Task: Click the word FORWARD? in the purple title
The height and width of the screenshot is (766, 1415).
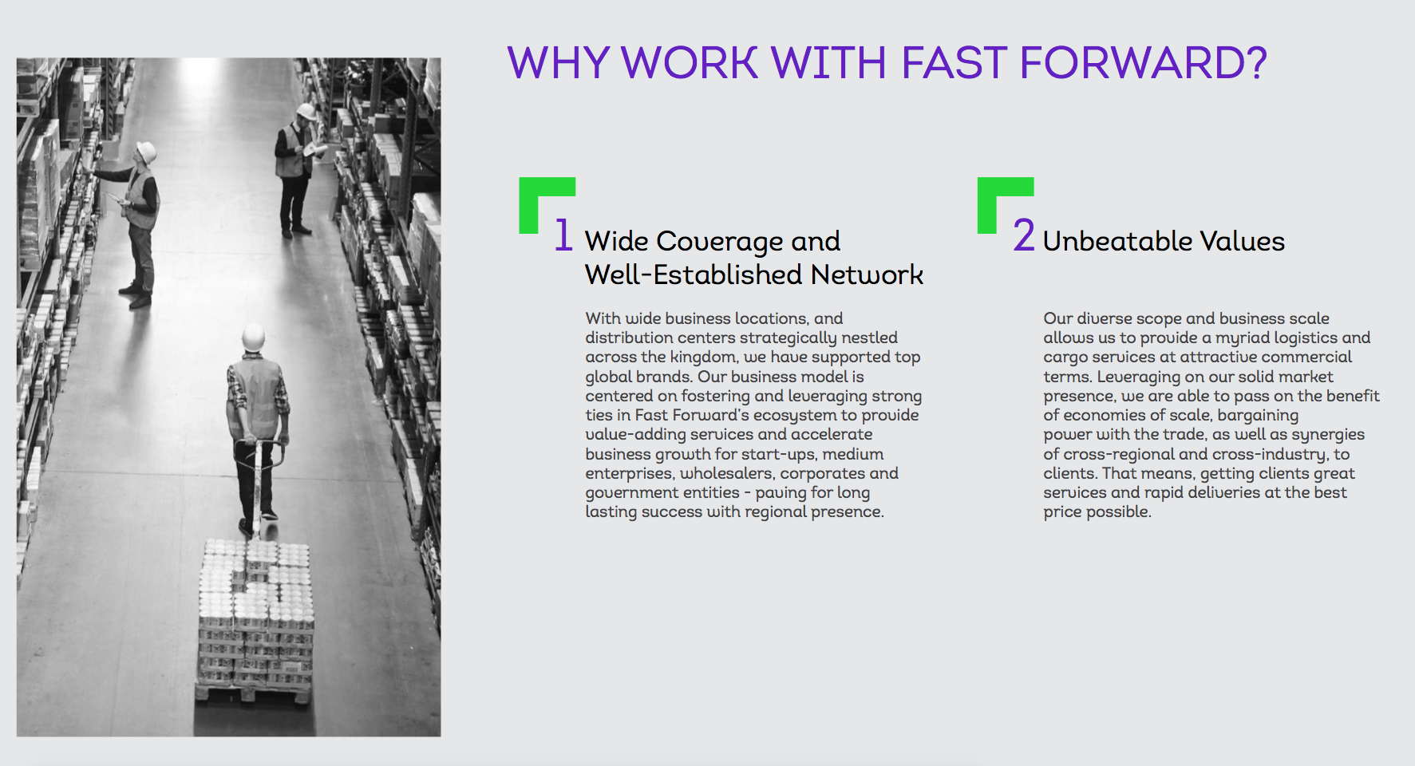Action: [x=1143, y=63]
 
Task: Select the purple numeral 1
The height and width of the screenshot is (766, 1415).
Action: [x=563, y=235]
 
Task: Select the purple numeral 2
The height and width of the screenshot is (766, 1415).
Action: [x=1024, y=235]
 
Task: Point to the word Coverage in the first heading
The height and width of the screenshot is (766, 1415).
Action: [x=720, y=242]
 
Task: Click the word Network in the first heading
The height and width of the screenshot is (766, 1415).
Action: [x=867, y=274]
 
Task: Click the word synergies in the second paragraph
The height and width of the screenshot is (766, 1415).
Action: [x=1328, y=435]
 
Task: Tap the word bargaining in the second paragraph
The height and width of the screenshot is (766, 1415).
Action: [x=1258, y=416]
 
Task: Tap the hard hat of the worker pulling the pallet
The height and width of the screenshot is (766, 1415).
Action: [x=254, y=338]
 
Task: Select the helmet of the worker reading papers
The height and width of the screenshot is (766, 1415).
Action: [x=306, y=111]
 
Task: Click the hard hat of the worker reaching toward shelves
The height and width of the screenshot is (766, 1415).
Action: [x=147, y=152]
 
